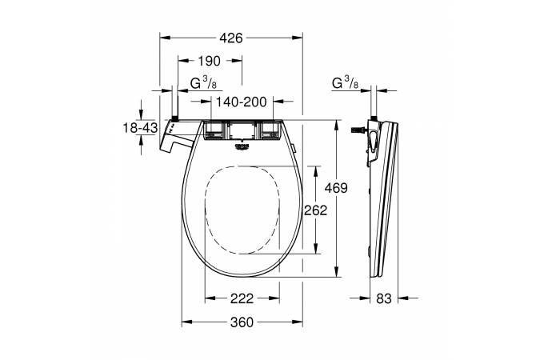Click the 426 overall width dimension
[231, 37]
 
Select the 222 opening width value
[242, 298]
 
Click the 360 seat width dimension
[242, 322]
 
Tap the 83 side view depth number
[384, 298]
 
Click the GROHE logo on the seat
[242, 146]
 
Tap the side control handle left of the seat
[176, 140]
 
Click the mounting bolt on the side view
[358, 129]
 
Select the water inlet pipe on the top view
[173, 106]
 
